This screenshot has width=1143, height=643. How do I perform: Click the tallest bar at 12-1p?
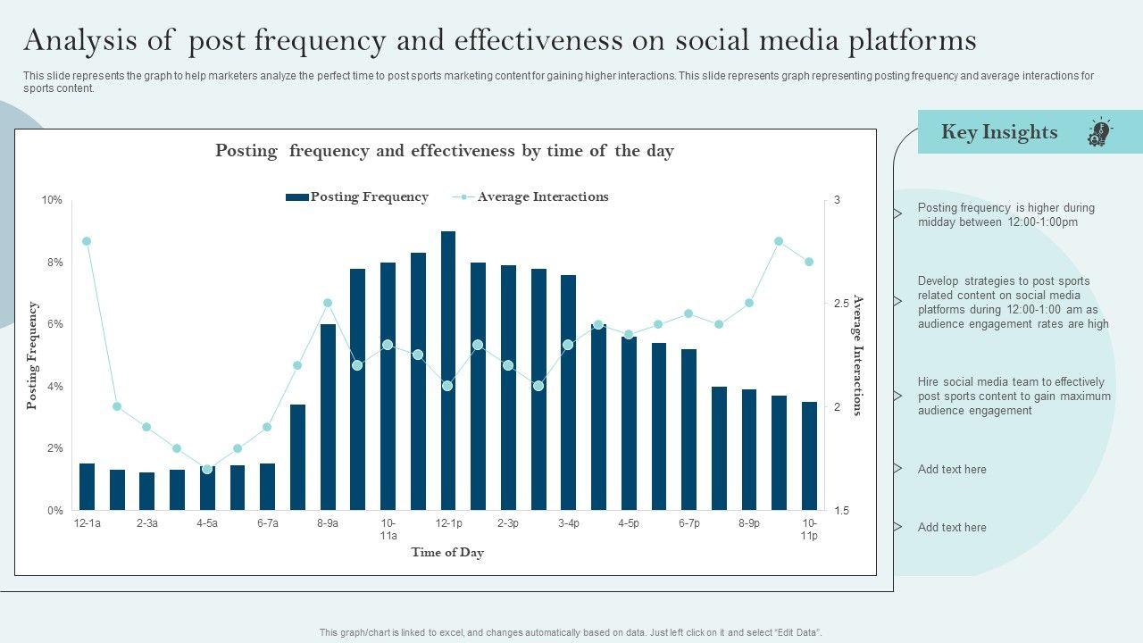448,371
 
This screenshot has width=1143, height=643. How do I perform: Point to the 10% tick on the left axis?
52,200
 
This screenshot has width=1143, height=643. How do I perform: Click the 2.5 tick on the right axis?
841,304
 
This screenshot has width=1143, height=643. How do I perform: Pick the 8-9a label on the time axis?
327,523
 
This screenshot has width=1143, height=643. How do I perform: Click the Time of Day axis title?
447,553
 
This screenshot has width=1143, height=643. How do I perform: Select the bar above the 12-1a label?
87,487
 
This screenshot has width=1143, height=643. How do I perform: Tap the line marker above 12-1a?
87,241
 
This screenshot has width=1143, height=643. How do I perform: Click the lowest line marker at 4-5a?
207,469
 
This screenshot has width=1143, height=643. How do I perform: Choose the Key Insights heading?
998,132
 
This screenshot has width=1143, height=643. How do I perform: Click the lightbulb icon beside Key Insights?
1099,133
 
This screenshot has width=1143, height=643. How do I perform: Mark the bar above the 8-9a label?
328,417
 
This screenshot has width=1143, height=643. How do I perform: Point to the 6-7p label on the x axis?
688,523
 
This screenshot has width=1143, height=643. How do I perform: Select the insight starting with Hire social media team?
1014,396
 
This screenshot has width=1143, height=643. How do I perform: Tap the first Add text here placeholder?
952,469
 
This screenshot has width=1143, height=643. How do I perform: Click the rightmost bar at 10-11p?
809,455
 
